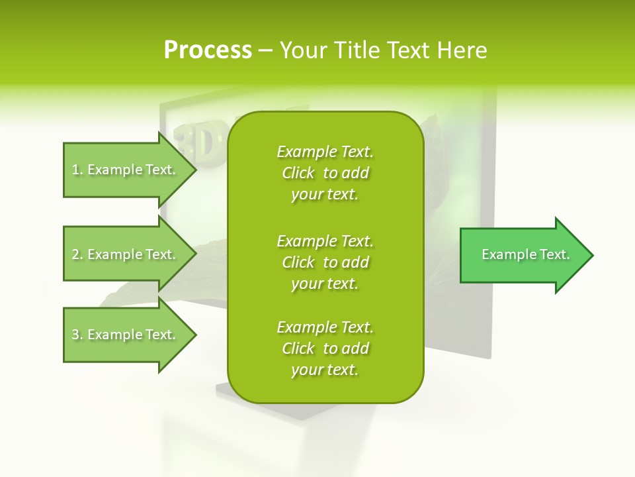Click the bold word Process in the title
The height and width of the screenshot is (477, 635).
(x=208, y=50)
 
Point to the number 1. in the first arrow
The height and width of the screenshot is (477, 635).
(x=77, y=170)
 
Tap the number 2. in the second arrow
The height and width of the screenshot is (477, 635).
(x=77, y=254)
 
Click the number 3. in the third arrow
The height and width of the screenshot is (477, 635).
(x=77, y=335)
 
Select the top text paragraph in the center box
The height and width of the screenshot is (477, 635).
(x=325, y=173)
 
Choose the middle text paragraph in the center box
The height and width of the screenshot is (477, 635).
(x=325, y=262)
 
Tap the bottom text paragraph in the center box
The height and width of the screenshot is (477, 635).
(x=325, y=348)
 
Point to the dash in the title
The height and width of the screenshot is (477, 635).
(x=265, y=50)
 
